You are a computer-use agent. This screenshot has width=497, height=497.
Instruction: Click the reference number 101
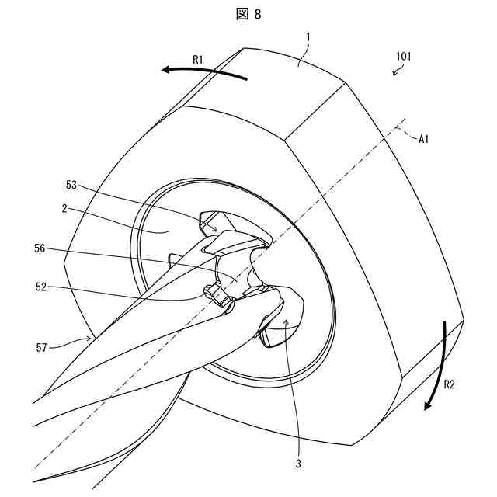tap(404, 57)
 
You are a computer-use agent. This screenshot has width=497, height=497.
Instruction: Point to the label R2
tap(454, 383)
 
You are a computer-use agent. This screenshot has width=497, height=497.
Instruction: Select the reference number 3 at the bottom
tap(297, 464)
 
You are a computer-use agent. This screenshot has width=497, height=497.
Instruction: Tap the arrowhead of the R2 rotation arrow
tap(428, 408)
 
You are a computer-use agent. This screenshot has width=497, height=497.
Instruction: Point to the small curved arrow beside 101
tap(398, 71)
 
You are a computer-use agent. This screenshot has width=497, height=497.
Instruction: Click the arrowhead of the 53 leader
tap(217, 231)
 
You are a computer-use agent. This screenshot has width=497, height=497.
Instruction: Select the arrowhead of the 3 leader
tap(284, 319)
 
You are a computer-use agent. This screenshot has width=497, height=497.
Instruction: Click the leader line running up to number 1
tap(304, 55)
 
